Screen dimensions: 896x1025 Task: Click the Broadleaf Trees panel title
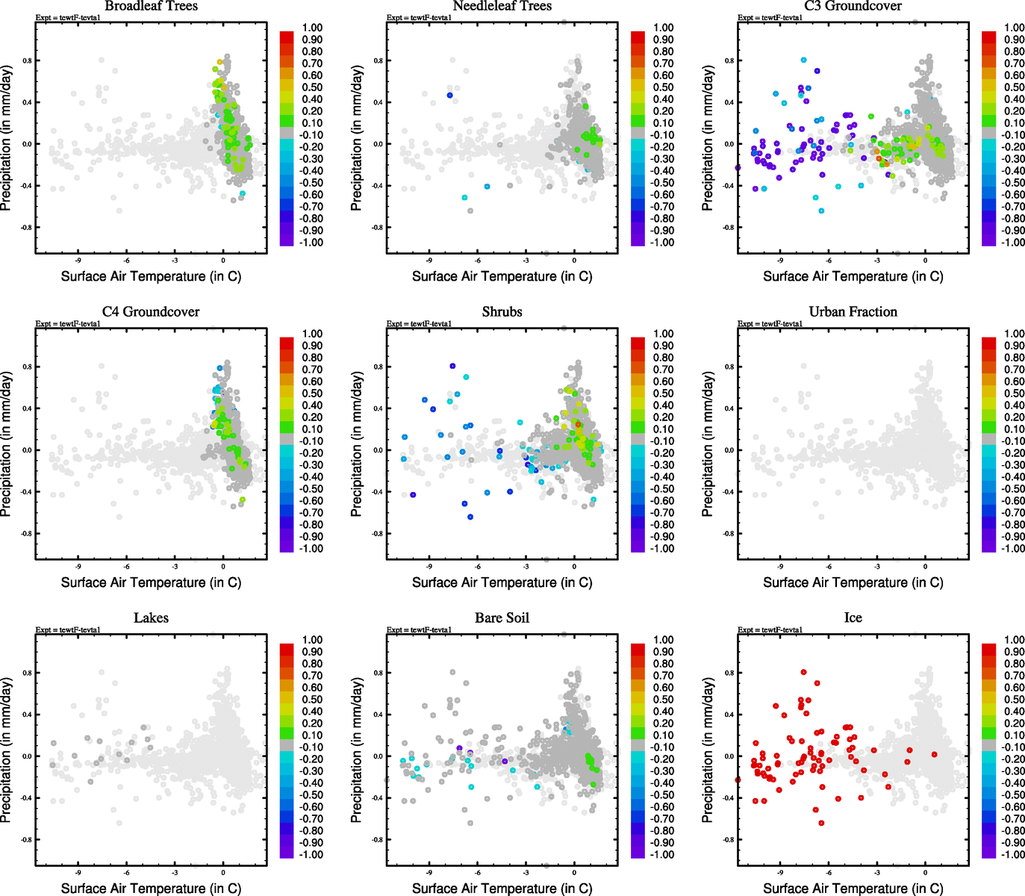point(151,6)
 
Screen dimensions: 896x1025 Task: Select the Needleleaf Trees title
point(502,6)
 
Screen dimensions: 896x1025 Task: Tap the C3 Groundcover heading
point(853,6)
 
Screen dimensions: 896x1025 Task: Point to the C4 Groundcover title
point(151,312)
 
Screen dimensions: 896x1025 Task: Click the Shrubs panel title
point(502,312)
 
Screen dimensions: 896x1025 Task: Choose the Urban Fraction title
point(853,312)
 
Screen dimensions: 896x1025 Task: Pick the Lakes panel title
point(151,618)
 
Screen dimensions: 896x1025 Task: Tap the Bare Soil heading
point(502,618)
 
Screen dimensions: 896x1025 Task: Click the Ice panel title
point(853,618)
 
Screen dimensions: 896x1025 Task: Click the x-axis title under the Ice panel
point(853,889)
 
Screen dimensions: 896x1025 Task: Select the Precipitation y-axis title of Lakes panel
point(7,750)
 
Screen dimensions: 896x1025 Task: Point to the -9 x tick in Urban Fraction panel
point(780,567)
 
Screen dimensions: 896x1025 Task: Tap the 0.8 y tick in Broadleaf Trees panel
point(27,60)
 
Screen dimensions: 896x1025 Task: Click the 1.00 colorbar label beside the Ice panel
point(1014,640)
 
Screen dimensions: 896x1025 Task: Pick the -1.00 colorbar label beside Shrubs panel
point(661,549)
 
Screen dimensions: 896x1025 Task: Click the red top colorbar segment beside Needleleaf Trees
point(638,37)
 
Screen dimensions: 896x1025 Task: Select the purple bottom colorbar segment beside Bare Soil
point(638,851)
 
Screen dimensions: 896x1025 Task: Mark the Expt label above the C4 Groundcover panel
point(68,324)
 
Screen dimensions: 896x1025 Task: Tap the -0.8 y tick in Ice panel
point(728,840)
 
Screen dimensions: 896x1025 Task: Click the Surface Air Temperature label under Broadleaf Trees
point(151,276)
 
